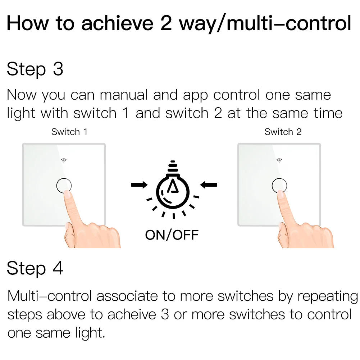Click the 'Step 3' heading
tap(35, 69)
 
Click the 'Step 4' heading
tap(35, 268)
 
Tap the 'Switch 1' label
tap(69, 132)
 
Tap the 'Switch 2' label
tap(283, 132)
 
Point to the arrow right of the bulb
tap(209, 185)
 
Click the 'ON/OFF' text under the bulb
tap(172, 235)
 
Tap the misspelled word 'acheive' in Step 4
tap(131, 314)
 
